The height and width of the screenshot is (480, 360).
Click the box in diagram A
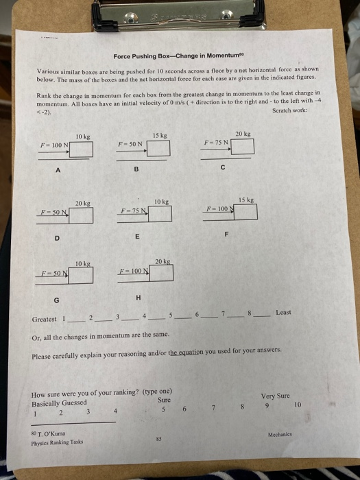click(83, 147)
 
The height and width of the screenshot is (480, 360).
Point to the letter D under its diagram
click(57, 238)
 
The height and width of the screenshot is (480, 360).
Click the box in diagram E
click(160, 213)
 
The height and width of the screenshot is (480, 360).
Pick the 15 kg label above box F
click(246, 200)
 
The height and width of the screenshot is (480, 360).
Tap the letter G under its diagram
click(57, 300)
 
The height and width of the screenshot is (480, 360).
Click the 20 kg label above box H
click(162, 262)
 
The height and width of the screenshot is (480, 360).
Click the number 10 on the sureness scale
click(297, 405)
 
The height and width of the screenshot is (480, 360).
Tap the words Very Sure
click(275, 396)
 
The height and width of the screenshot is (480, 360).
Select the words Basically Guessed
click(60, 403)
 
